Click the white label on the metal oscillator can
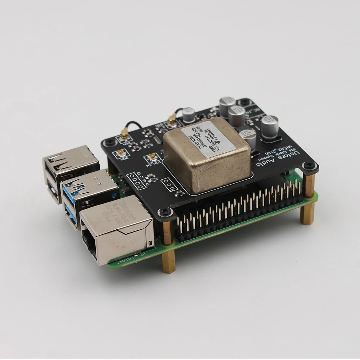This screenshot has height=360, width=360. tap(208, 137)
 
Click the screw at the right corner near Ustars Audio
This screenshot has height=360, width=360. tap(309, 165)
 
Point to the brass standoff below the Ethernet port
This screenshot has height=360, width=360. tap(168, 261)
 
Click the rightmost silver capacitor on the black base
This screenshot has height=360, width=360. tap(270, 126)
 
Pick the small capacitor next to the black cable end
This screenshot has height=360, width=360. tap(189, 115)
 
